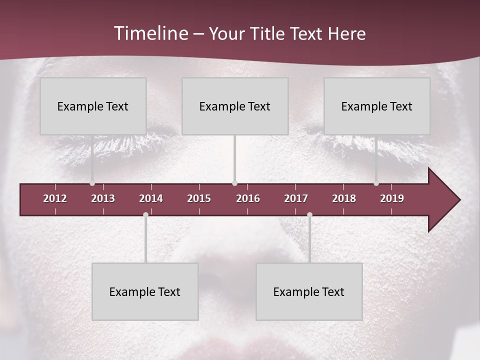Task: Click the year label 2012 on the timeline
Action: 55,198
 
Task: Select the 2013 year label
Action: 103,198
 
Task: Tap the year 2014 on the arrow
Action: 151,198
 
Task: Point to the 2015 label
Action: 199,198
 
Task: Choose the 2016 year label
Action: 248,198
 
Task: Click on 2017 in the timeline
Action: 296,198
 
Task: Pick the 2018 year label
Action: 344,198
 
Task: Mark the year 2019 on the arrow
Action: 392,198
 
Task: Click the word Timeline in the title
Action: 150,33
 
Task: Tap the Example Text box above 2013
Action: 93,106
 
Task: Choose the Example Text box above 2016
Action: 235,106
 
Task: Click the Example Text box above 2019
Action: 377,106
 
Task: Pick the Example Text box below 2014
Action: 145,291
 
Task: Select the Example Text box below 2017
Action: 309,291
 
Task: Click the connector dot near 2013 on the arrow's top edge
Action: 92,183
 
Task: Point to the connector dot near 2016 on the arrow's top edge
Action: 235,183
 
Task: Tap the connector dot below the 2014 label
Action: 145,215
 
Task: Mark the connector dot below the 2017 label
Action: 309,215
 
